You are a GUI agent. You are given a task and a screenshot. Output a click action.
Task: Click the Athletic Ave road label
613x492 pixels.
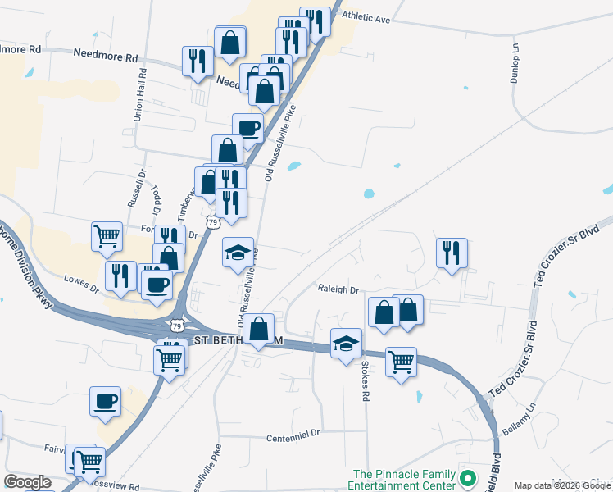[x=366, y=16]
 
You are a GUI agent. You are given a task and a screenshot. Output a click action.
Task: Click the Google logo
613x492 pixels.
[x=27, y=481]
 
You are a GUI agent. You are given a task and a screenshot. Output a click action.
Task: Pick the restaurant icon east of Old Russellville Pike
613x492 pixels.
[x=451, y=253]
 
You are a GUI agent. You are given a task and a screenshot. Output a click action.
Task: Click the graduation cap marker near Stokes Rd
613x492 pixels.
[x=346, y=343]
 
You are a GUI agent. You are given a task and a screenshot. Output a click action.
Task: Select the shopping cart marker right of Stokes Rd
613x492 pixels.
[x=401, y=361]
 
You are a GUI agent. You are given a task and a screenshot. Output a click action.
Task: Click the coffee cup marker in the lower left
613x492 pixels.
[x=106, y=402]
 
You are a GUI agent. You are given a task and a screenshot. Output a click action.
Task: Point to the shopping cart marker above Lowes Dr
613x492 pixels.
[x=107, y=236]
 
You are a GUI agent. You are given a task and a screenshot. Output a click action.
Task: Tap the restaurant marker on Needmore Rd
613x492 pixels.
[x=198, y=60]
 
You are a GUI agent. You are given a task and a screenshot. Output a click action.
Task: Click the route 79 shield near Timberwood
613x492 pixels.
[x=213, y=222]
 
